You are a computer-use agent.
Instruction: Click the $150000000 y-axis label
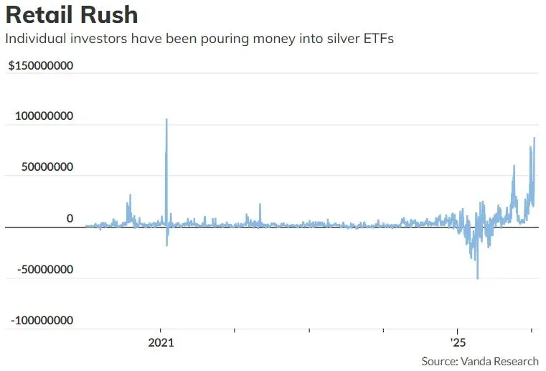tap(41, 66)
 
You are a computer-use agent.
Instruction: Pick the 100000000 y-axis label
tap(43, 116)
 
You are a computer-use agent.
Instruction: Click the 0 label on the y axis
tap(70, 218)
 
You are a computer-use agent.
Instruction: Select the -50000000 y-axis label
tap(44, 270)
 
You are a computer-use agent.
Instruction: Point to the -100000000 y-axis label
tap(41, 320)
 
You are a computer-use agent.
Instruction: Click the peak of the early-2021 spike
tap(166, 120)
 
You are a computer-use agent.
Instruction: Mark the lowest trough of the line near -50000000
tap(478, 278)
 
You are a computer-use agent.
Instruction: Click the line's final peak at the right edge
tap(534, 138)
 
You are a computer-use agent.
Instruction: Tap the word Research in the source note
tap(515, 361)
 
